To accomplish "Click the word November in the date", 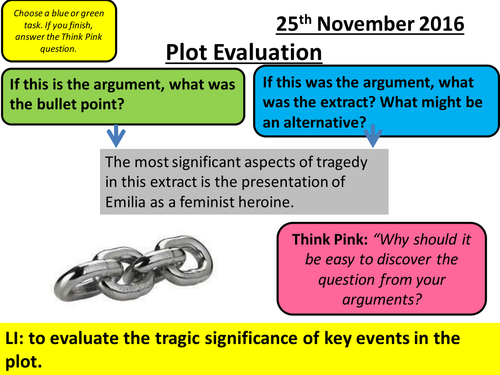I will (x=385, y=20).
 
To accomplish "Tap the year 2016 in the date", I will (x=461, y=20).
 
